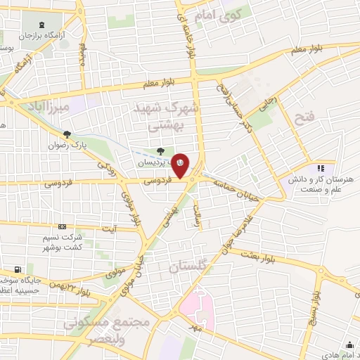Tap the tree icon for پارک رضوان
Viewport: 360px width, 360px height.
67,134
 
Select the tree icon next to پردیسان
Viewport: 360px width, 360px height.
161,150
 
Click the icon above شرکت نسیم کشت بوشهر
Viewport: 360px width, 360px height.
63,226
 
